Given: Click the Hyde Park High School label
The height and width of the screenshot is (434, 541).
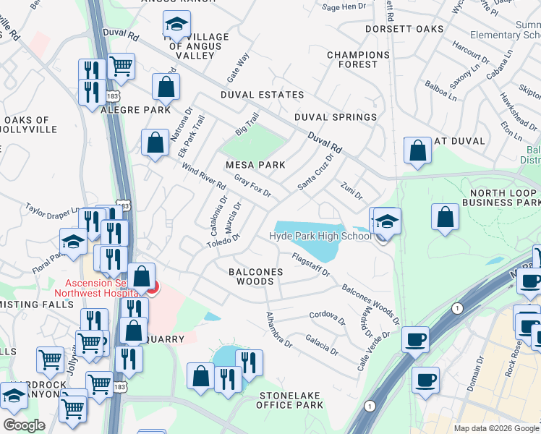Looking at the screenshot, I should tap(320, 236).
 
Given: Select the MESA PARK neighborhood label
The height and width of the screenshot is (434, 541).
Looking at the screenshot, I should tap(255, 165).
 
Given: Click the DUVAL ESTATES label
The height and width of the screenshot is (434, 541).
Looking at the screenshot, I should tap(263, 95).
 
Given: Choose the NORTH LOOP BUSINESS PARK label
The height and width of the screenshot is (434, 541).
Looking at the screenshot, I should tap(504, 198).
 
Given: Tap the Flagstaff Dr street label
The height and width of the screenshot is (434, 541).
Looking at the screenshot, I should tap(310, 264).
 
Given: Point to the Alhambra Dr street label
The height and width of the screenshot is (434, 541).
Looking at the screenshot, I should tap(278, 331).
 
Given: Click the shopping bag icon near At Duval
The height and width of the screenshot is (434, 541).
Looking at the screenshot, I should tap(417, 151).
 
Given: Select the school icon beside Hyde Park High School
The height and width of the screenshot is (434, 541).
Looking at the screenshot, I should tap(387, 221).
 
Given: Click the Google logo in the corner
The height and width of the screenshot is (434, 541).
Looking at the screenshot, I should tap(24, 425).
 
